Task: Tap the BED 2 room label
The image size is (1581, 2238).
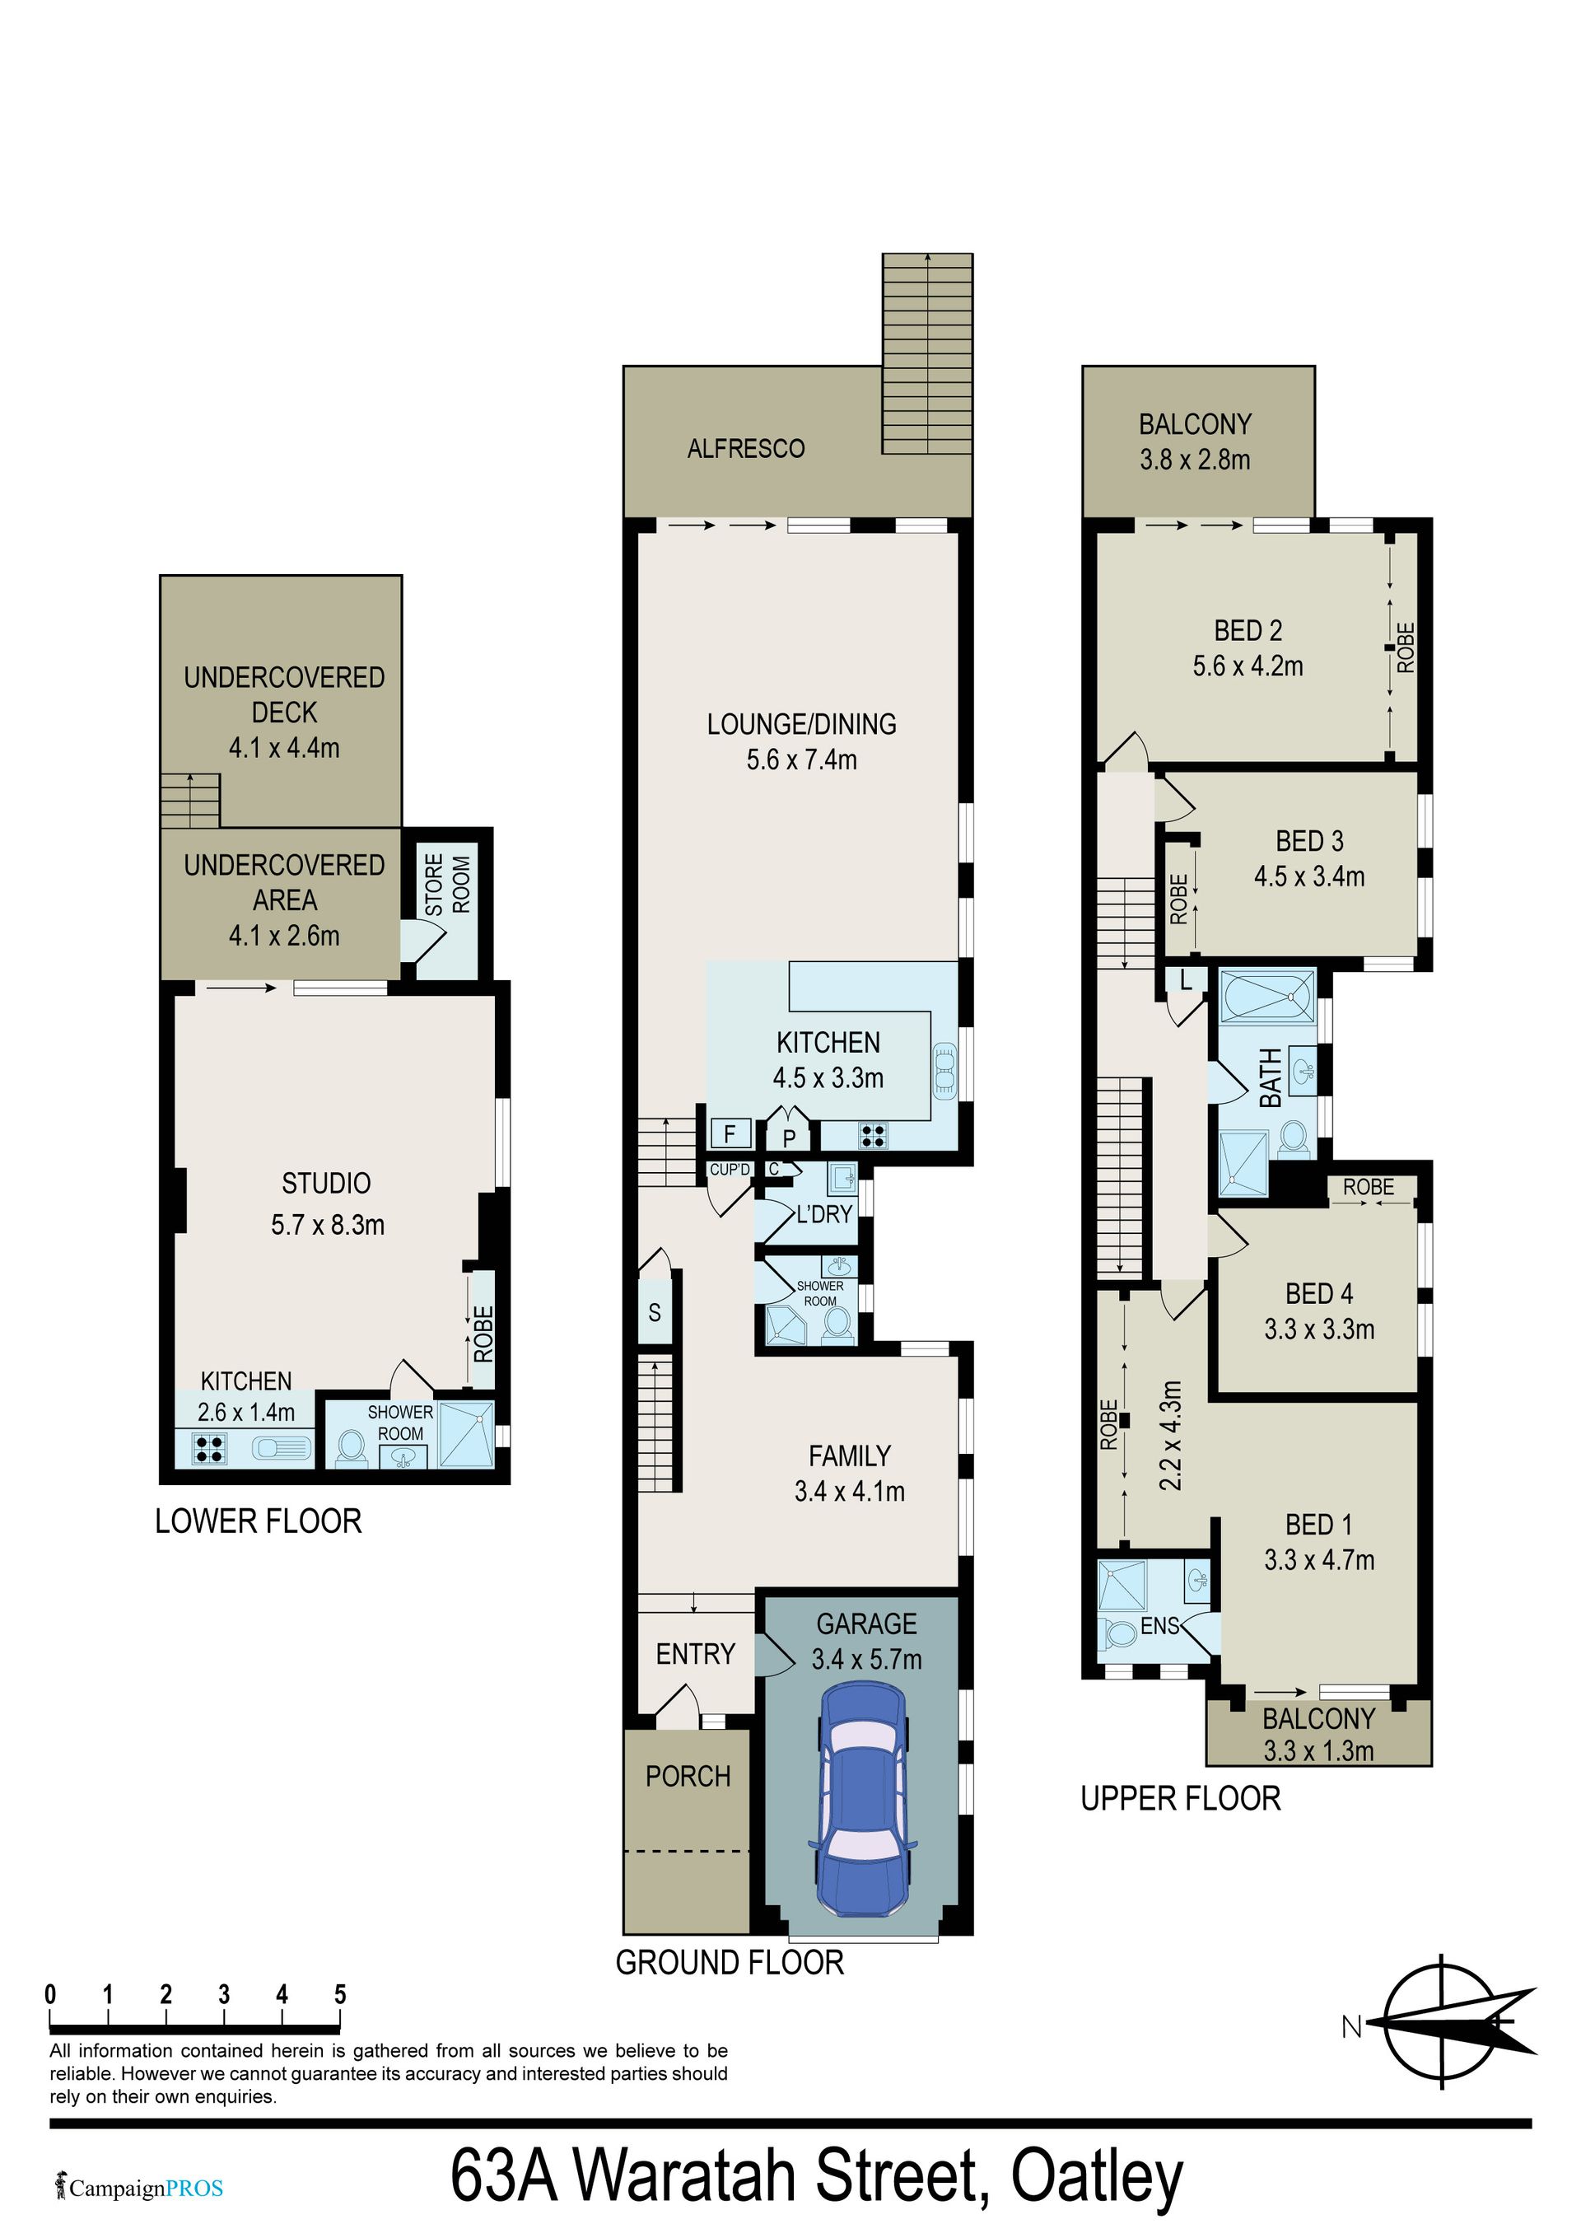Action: [x=1248, y=631]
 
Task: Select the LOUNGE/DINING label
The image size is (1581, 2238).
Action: [x=801, y=724]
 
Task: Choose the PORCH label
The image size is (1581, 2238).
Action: [x=688, y=1777]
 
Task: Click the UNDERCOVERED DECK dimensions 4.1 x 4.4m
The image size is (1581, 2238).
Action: [x=285, y=748]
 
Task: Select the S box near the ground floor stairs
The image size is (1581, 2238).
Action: [x=654, y=1312]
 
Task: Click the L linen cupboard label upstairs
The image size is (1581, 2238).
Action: [x=1185, y=980]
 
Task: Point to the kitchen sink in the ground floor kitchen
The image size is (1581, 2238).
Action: [x=944, y=1072]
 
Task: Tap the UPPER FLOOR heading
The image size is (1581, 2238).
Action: [x=1180, y=1798]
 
